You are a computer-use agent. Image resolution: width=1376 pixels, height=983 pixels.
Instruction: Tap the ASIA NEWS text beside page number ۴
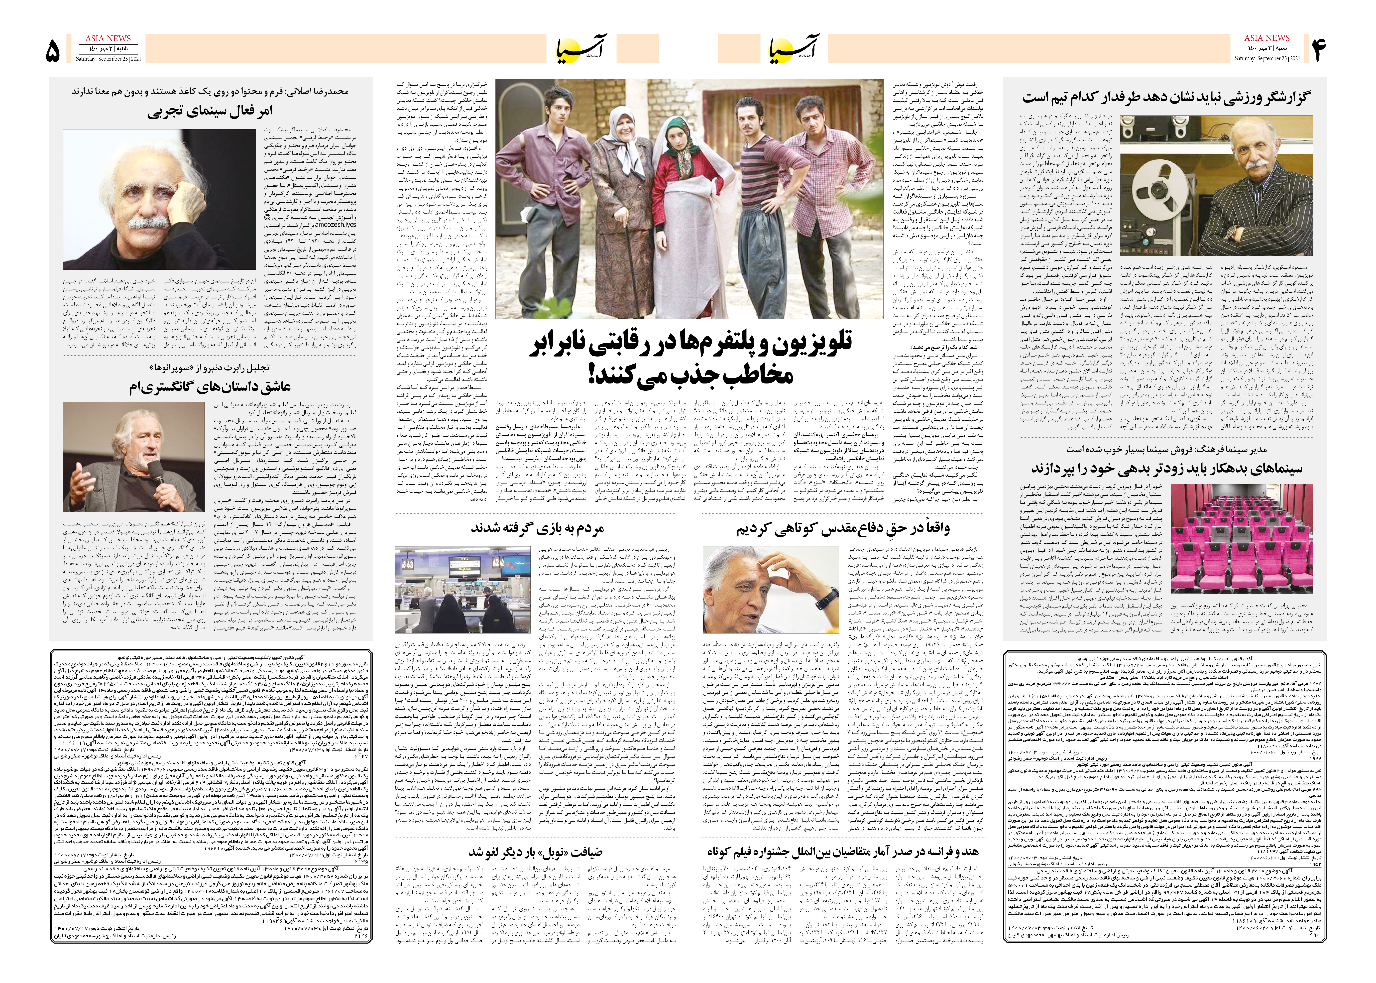[x=1266, y=37]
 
